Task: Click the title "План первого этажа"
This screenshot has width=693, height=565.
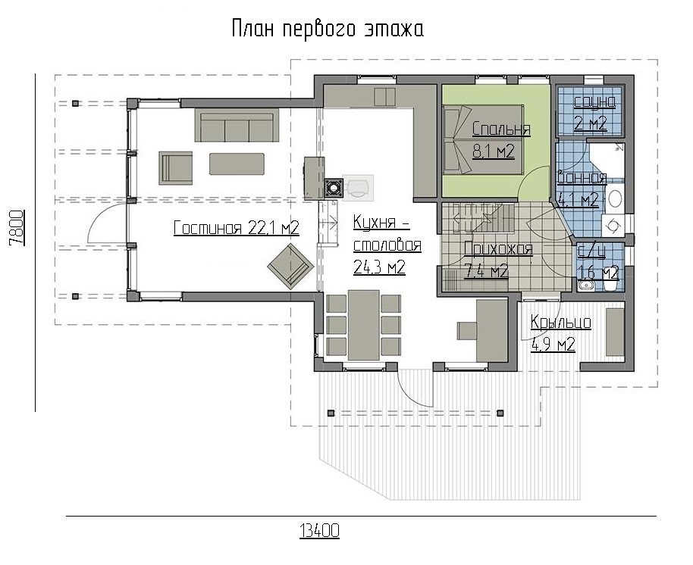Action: (328, 29)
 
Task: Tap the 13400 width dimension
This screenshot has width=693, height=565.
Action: (319, 530)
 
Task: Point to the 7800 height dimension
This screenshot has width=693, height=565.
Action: (16, 228)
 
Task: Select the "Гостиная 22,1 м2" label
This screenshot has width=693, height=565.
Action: (237, 228)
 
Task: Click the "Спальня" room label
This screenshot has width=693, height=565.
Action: (501, 129)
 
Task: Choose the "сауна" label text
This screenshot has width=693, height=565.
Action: (594, 102)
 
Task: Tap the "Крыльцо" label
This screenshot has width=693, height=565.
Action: (561, 322)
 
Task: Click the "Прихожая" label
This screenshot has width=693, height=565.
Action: (498, 249)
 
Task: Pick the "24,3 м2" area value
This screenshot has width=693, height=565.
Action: (379, 267)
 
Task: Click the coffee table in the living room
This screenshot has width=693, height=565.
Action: (237, 164)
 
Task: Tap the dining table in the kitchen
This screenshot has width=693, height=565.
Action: (363, 325)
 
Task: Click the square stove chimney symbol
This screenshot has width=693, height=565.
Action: (333, 188)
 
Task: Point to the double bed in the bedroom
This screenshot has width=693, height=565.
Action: (483, 140)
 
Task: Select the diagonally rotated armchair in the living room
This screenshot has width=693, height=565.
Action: (290, 265)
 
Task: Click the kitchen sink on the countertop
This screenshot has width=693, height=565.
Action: (384, 97)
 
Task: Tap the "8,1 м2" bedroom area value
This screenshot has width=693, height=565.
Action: (494, 151)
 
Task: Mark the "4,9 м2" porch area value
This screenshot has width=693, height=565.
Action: (553, 344)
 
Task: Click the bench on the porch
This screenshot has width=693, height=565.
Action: (615, 332)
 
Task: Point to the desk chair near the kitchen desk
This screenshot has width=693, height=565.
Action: (466, 331)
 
